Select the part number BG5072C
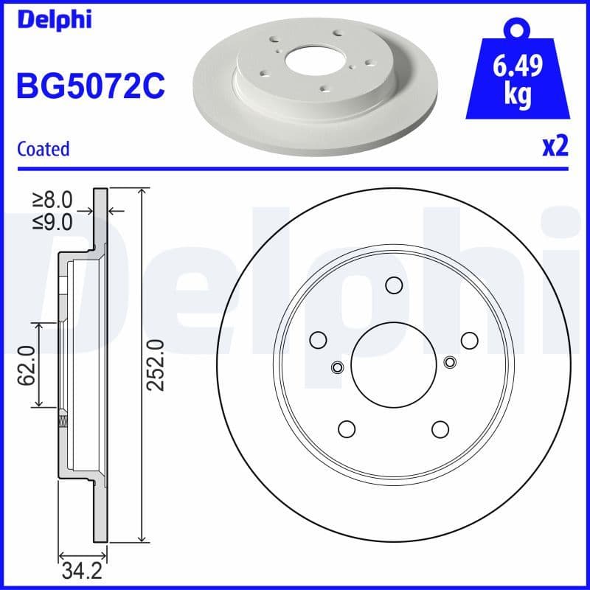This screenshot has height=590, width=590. click(x=90, y=87)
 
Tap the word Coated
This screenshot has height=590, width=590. click(x=43, y=149)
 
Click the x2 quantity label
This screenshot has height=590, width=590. click(x=555, y=147)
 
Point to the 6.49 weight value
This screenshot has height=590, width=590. click(x=518, y=67)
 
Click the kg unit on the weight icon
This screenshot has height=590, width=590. click(x=518, y=96)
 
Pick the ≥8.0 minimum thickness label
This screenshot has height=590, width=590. click(x=53, y=199)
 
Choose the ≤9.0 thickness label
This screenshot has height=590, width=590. click(x=53, y=221)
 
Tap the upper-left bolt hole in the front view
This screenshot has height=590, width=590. click(x=319, y=340)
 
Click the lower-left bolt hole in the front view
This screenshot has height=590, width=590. click(x=347, y=428)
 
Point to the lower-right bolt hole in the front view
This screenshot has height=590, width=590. click(x=440, y=428)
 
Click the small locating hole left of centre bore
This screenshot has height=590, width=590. click(x=338, y=367)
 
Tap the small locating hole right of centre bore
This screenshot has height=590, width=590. click(x=451, y=361)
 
